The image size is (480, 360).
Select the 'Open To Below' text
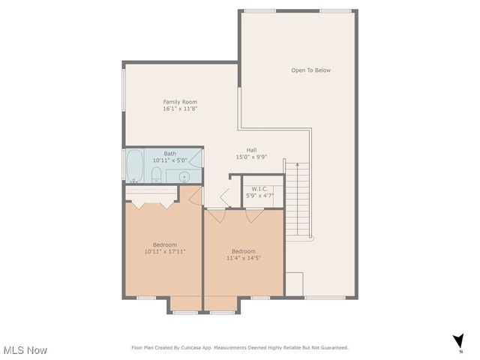click(310, 70)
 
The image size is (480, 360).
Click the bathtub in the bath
click(135, 166)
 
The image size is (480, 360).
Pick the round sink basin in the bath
click(184, 176)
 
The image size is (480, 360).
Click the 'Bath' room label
click(170, 154)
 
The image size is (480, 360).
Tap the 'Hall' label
click(251, 149)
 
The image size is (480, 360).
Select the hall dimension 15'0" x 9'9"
click(251, 157)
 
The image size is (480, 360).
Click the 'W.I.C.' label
click(259, 188)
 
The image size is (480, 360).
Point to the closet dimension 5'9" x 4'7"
click(259, 196)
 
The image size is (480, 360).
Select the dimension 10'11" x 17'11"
click(164, 252)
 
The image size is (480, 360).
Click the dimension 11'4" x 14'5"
click(243, 258)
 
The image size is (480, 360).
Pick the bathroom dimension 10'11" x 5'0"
click(170, 160)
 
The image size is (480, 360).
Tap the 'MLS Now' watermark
click(25, 350)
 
